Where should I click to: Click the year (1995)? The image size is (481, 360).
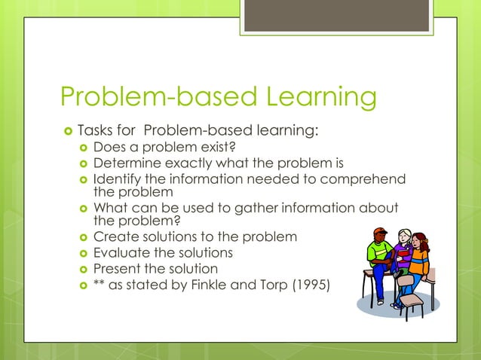[309, 284]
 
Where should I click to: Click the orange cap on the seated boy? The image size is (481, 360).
[380, 231]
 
